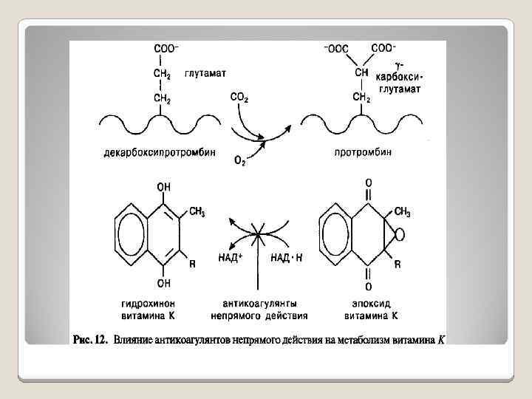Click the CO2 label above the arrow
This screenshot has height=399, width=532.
pyautogui.click(x=240, y=96)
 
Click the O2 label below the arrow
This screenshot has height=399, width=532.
pyautogui.click(x=240, y=161)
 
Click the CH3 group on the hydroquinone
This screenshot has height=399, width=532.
pyautogui.click(x=197, y=212)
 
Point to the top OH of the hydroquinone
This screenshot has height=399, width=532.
pyautogui.click(x=163, y=188)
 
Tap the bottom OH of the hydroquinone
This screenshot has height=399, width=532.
pyautogui.click(x=163, y=282)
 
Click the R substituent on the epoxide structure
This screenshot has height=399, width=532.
pyautogui.click(x=398, y=265)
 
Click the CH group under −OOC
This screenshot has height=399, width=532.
pyautogui.click(x=362, y=73)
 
